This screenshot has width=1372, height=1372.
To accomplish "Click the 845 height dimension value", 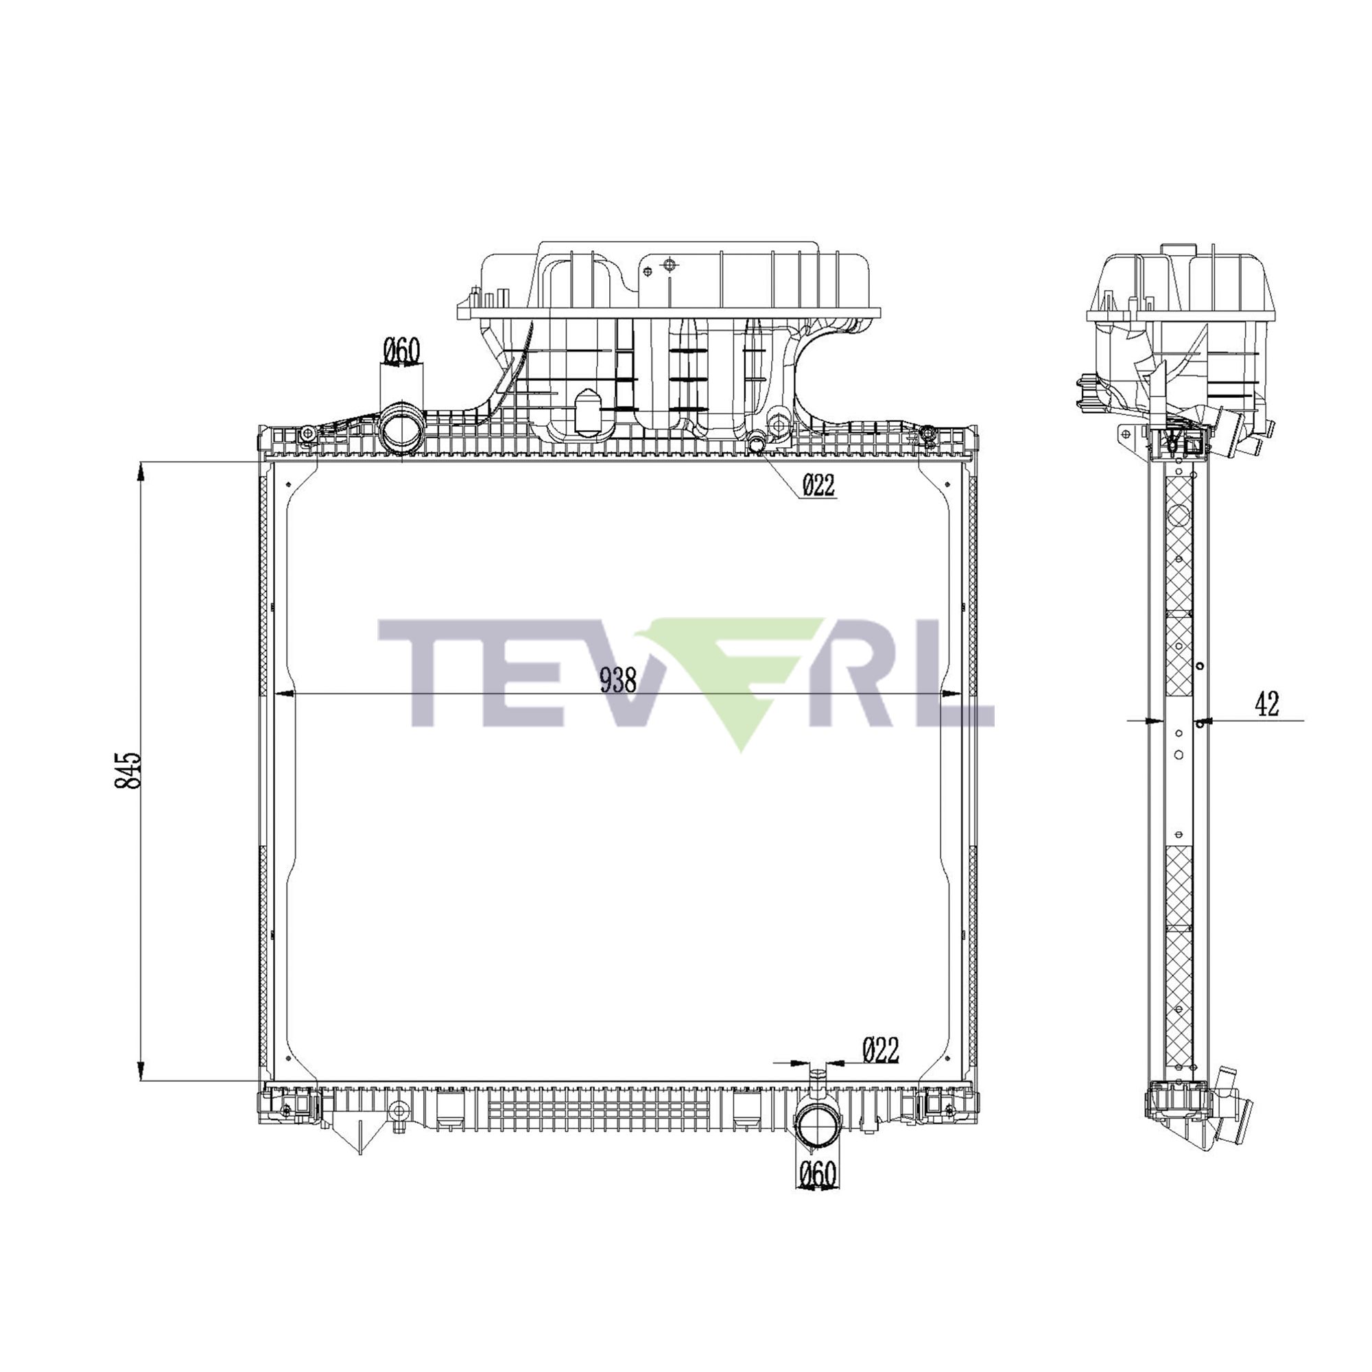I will tap(128, 770).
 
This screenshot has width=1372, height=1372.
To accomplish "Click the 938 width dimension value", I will tap(617, 681).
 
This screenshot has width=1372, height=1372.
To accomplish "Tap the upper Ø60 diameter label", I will tap(402, 350).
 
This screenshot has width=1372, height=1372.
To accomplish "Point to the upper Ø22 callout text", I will tap(818, 485).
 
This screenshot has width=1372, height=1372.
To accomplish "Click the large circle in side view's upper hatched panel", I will tap(1178, 515).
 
